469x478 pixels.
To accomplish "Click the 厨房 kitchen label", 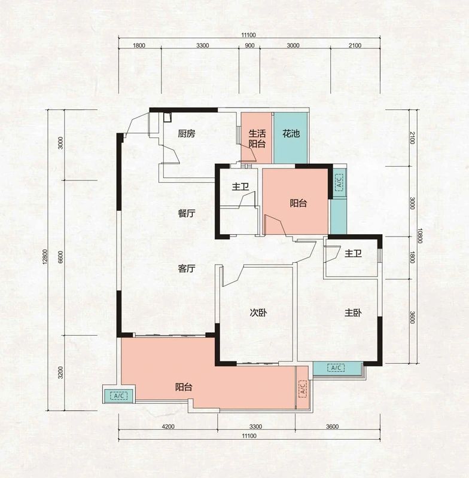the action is tap(187, 133).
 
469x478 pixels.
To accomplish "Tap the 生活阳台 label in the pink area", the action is tap(257, 139).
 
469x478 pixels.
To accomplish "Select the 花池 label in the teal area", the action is tap(291, 133).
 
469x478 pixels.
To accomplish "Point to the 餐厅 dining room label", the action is tap(187, 213).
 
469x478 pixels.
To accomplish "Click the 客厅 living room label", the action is tap(187, 268).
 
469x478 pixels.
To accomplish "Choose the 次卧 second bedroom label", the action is tap(258, 312).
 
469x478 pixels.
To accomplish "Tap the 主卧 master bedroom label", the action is tap(353, 312).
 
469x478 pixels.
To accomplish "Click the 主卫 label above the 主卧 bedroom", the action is tap(353, 253).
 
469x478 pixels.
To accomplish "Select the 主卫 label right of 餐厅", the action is tap(240, 186).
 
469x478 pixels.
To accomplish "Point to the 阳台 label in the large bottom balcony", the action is tap(184, 387).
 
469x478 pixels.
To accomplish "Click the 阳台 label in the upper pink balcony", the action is tap(298, 203).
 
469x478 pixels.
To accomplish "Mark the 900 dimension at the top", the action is tap(249, 46).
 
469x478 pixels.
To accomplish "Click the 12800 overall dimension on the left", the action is tap(45, 257).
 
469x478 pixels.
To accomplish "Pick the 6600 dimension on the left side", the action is tap(60, 257).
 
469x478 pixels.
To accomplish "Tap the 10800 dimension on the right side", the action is tap(420, 235).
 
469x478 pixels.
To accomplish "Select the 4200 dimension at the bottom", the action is tap(168, 427).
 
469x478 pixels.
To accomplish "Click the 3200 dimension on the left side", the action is tap(60, 372).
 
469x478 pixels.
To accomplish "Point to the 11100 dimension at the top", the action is tap(249, 35).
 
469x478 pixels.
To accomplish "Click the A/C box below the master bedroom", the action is tap(336, 368).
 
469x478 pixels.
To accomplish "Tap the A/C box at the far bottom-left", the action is tap(118, 396).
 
